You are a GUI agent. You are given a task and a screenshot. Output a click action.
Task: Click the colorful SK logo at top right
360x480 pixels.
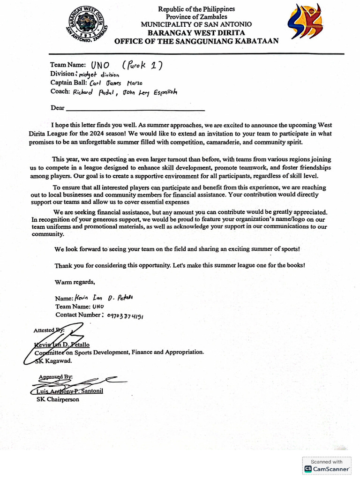(305, 22)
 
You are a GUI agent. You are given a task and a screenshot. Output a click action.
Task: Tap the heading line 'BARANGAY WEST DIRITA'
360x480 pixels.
(196, 32)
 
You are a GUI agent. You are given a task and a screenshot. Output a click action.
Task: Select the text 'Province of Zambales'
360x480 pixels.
(196, 16)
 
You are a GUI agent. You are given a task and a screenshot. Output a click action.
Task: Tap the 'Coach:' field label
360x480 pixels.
(60, 92)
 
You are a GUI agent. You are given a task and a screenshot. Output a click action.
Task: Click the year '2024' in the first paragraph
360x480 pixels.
(101, 134)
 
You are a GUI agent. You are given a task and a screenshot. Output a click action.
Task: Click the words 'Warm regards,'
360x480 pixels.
(75, 282)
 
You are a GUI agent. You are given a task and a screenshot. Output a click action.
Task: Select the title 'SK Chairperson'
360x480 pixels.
(58, 399)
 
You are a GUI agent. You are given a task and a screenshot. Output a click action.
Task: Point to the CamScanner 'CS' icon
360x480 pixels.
(308, 469)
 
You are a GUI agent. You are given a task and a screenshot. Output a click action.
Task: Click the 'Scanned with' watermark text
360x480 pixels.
(327, 461)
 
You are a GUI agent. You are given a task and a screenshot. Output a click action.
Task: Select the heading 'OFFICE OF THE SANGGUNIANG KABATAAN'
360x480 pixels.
(196, 41)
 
